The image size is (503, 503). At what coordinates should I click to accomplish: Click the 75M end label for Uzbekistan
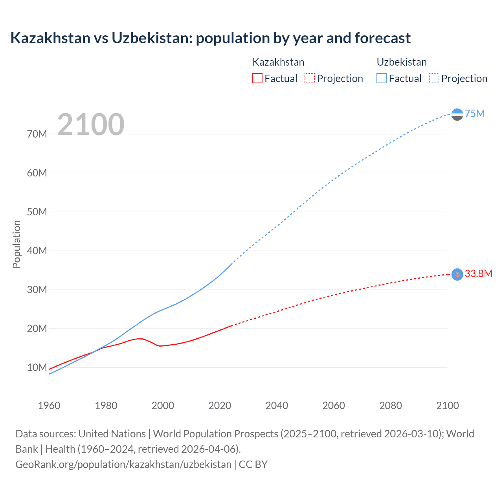coord(475,114)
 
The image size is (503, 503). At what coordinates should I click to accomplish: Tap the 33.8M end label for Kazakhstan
coord(478,274)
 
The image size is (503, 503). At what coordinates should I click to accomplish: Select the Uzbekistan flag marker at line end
coord(457,114)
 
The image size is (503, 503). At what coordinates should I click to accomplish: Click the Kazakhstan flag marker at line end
coord(457,274)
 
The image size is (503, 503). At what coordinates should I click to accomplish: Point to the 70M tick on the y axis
coord(37,134)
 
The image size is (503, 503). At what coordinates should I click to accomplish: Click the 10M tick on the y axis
coord(37,367)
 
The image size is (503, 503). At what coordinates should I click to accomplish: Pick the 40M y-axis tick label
coord(37,251)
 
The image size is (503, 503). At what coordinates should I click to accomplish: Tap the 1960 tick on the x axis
coord(49,406)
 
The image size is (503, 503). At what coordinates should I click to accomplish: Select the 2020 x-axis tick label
coord(220,406)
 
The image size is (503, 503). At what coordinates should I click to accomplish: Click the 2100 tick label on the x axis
coord(447,406)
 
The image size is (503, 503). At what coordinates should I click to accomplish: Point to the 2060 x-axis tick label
coord(334,406)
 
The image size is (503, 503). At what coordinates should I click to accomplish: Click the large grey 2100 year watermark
coord(91,125)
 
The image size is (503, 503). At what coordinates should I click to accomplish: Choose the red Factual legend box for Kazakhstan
coord(257,78)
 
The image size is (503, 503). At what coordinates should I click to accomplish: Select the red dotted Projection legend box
coord(310,78)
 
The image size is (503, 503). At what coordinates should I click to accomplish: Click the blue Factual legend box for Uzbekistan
coord(382,78)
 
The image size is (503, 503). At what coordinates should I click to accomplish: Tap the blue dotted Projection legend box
coord(434,78)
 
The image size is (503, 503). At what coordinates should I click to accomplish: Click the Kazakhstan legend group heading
coord(278,62)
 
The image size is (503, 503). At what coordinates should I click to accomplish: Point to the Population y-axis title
coord(17,244)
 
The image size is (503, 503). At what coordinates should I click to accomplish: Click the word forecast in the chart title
coord(382,38)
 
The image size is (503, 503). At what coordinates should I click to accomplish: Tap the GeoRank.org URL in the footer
coord(123,464)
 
